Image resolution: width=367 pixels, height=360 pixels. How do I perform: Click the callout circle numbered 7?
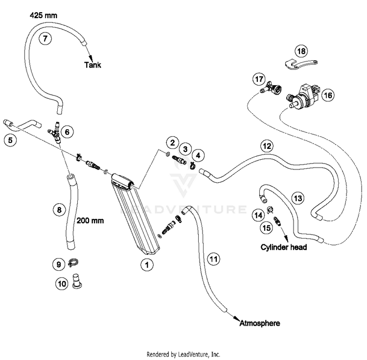coord(45,38)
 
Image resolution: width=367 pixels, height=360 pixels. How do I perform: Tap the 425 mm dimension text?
coord(44,16)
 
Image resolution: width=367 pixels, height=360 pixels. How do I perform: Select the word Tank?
coord(92,65)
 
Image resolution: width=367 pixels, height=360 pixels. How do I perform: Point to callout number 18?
coord(301,51)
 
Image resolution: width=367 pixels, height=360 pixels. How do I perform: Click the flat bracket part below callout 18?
coord(300,64)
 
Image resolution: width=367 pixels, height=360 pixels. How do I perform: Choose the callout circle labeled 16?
coord(328,95)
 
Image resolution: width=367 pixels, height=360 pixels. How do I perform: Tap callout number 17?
coord(259,79)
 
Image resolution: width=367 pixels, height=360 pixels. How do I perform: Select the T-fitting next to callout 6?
coord(55,132)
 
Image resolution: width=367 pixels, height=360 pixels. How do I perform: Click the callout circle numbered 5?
coord(10,140)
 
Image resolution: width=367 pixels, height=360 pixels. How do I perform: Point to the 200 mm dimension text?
coord(91,220)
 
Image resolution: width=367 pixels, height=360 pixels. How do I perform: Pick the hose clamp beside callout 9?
coord(73,263)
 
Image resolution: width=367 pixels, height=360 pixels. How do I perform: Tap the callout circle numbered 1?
coord(147,264)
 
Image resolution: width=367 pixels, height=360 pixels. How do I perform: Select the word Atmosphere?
coord(259,323)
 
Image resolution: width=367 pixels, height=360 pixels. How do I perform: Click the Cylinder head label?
coord(284,247)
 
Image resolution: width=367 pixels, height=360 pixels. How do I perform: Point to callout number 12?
coord(267,146)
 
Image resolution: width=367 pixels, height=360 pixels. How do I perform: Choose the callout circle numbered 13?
coord(298,198)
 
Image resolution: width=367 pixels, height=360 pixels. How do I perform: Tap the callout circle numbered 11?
coord(213,259)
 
